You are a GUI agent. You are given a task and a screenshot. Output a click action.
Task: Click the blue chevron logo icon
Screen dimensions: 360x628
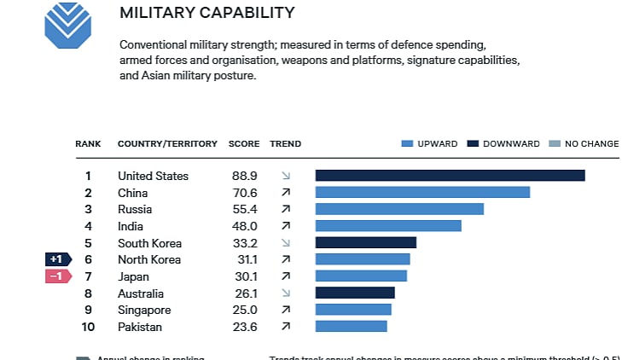point(67,25)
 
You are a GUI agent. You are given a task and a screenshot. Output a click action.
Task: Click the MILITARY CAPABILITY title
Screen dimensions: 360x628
point(207,13)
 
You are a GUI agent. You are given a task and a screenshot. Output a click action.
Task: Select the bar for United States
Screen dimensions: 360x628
point(450,176)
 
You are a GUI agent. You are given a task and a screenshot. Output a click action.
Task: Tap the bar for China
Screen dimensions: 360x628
point(422,193)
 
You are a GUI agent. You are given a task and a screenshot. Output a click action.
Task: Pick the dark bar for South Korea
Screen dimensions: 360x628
point(365,242)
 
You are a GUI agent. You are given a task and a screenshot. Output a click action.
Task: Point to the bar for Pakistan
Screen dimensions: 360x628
point(351,326)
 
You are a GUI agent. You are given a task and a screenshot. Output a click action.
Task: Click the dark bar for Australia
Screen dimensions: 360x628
point(355,293)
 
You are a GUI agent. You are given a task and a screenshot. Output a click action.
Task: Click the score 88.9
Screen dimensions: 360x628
point(244,176)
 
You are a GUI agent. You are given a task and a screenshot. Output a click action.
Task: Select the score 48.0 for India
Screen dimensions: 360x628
point(244,226)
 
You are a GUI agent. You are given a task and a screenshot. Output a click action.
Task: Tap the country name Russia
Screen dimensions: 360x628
point(135,209)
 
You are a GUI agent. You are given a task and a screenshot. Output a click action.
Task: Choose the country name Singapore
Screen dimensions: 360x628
point(144,310)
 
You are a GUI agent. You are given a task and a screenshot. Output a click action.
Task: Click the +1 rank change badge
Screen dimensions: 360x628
point(57,259)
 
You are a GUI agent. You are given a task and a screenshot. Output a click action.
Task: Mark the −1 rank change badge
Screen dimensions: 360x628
point(57,276)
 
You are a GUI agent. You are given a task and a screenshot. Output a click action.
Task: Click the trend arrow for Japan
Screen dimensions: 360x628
point(286,276)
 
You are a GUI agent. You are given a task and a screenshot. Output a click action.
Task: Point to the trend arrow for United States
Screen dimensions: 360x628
point(286,176)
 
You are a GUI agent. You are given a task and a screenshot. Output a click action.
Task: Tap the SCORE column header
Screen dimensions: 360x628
point(244,144)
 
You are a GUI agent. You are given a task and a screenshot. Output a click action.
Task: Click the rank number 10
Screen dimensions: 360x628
point(88,326)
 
